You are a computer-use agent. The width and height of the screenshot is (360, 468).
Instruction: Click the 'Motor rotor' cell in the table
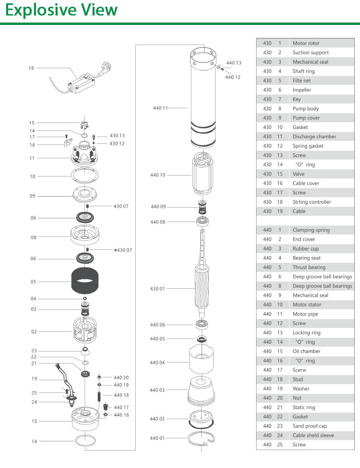tap(306, 43)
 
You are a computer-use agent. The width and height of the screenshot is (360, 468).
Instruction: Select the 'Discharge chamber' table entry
tap(314, 137)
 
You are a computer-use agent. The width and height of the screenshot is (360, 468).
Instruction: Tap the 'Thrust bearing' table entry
tap(309, 268)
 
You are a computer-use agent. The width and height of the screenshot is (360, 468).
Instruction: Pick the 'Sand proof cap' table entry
tap(310, 426)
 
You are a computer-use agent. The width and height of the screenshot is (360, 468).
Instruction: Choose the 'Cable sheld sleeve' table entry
tap(313, 435)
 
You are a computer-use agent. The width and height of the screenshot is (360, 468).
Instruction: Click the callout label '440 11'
tap(160, 108)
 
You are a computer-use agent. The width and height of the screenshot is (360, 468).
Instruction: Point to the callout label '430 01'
tap(158, 289)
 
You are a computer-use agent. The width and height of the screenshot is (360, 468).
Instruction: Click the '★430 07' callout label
tap(122, 250)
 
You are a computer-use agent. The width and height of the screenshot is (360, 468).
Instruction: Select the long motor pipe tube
tap(204, 101)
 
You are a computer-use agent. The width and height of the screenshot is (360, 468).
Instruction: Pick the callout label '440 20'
tap(121, 377)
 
